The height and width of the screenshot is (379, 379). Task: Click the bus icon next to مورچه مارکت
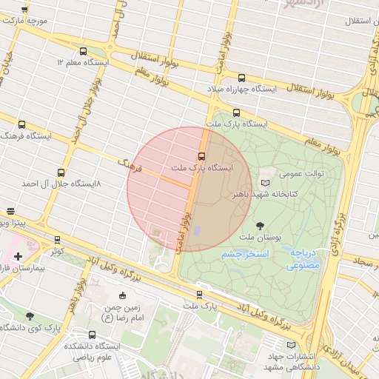(24, 9)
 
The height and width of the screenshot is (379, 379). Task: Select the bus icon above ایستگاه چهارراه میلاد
(242, 78)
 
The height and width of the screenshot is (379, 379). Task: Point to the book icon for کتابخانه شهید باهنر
(266, 181)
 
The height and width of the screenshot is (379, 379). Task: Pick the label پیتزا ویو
(13, 222)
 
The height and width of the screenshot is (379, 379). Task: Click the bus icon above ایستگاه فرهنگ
(21, 125)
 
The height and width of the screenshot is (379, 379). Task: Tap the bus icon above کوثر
(58, 240)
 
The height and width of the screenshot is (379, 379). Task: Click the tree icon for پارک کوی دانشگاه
(30, 316)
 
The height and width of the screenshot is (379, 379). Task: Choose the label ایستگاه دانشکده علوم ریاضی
(92, 352)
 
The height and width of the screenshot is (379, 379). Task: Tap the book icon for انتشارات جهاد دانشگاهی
(289, 344)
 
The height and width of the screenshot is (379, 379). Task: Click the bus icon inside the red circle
(201, 156)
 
